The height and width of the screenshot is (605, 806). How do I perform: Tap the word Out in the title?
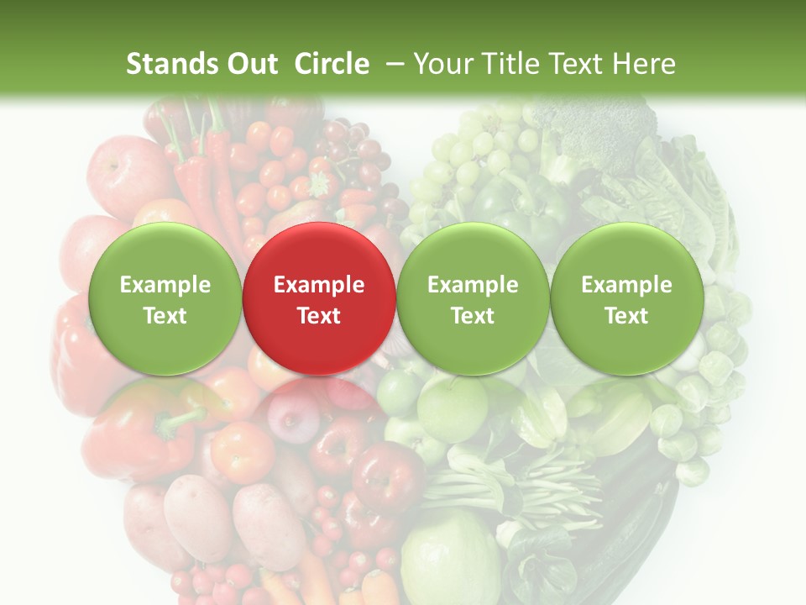coord(252,64)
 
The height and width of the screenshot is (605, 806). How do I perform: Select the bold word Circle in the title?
coord(332,64)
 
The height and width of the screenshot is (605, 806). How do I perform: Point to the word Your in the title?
coord(442,64)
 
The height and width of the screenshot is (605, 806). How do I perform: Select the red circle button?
coord(318,298)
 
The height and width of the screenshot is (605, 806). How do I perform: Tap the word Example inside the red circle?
coord(318,285)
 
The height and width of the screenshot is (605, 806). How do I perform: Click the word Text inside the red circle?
coord(318,316)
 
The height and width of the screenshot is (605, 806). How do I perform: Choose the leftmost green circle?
coord(165,298)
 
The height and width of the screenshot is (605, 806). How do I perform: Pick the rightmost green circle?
coord(626,298)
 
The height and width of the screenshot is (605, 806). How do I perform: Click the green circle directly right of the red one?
coord(473,298)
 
